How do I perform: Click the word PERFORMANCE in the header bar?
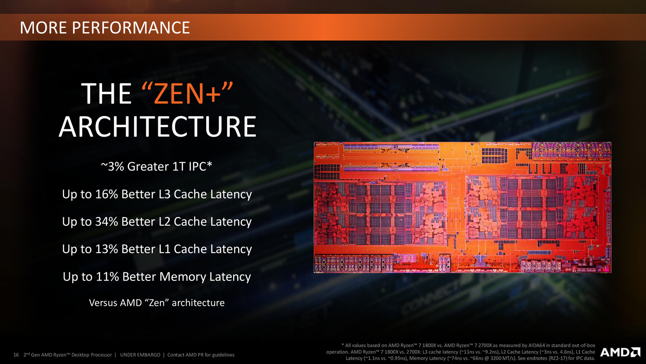coord(130,28)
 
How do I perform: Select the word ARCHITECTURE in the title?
coord(157,126)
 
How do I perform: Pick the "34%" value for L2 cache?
coord(107,221)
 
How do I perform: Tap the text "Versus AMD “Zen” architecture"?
coord(157,302)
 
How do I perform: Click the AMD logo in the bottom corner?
coord(620,352)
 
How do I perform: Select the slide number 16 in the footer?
coord(16,355)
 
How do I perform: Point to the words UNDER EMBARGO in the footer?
coord(140,355)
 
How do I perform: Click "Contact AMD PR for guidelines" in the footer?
coord(201,355)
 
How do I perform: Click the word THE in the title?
coord(107,93)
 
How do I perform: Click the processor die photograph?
coord(462,207)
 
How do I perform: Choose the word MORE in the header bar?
coord(43,28)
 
